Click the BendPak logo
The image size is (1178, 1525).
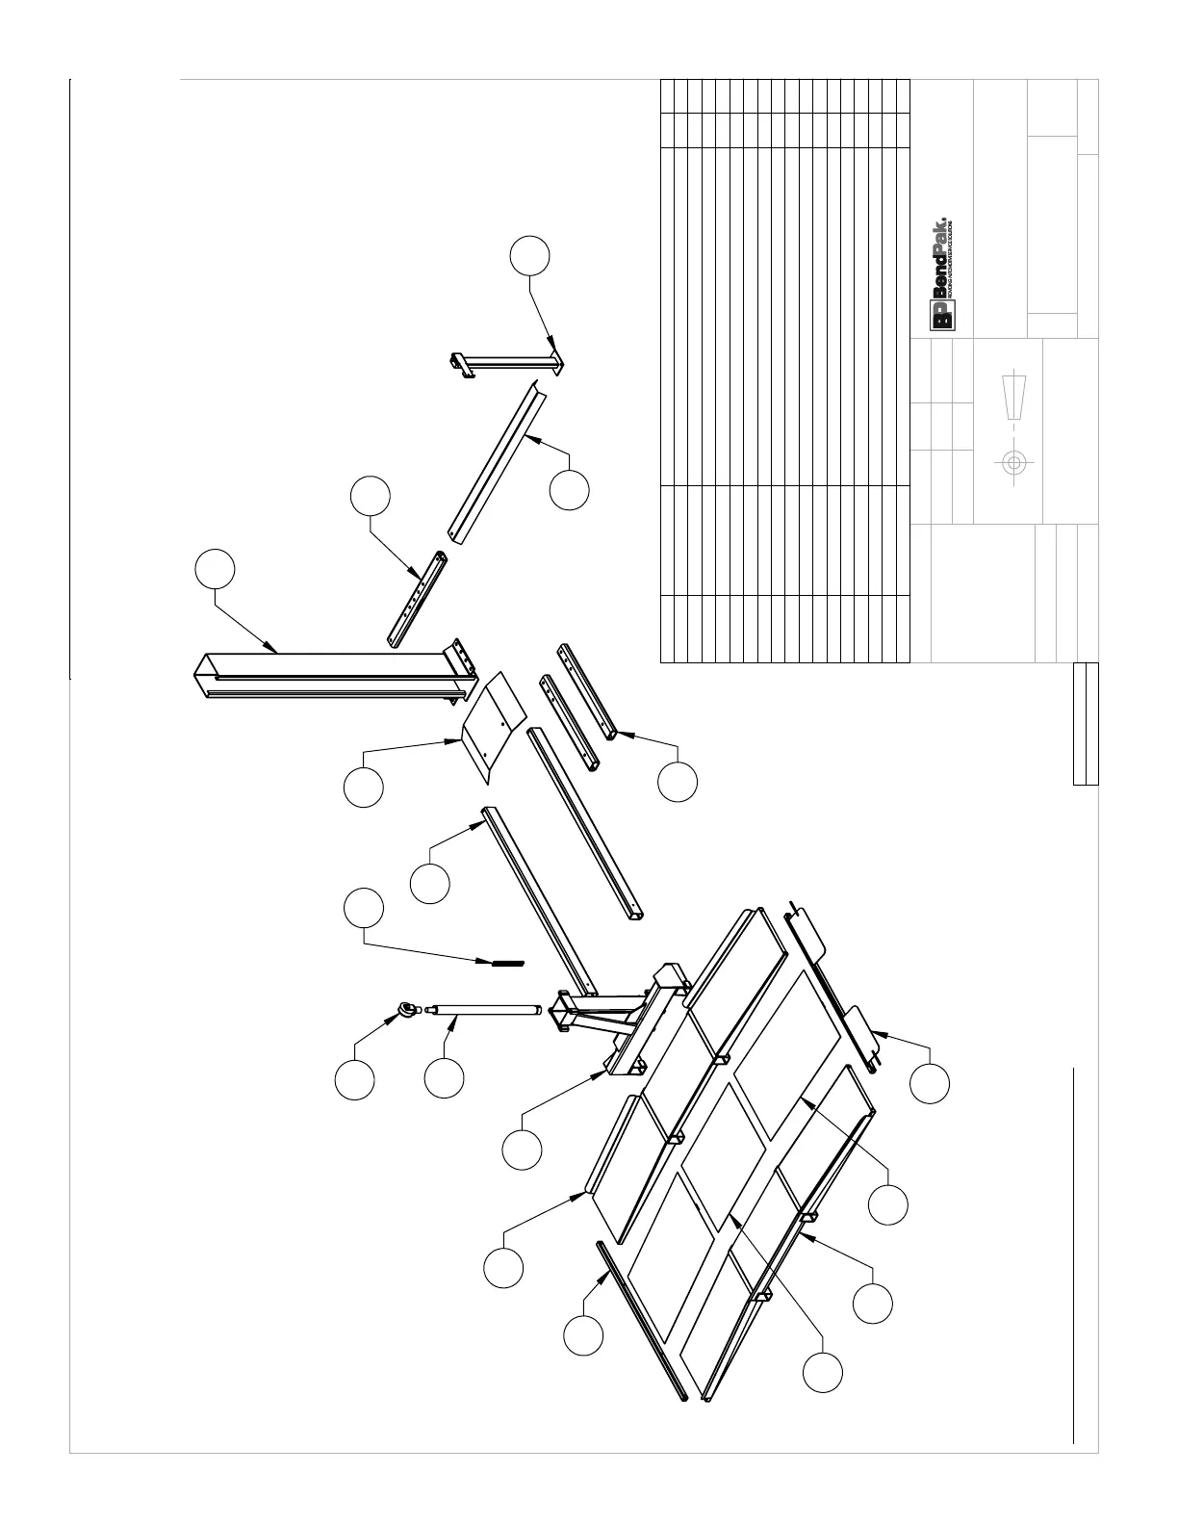940,274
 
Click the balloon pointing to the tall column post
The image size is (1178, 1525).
215,569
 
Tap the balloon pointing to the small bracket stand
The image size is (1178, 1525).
530,255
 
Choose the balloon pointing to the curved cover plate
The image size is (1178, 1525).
364,787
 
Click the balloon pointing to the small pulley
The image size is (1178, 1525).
355,1080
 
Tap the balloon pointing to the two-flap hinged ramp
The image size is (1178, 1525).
930,1083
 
